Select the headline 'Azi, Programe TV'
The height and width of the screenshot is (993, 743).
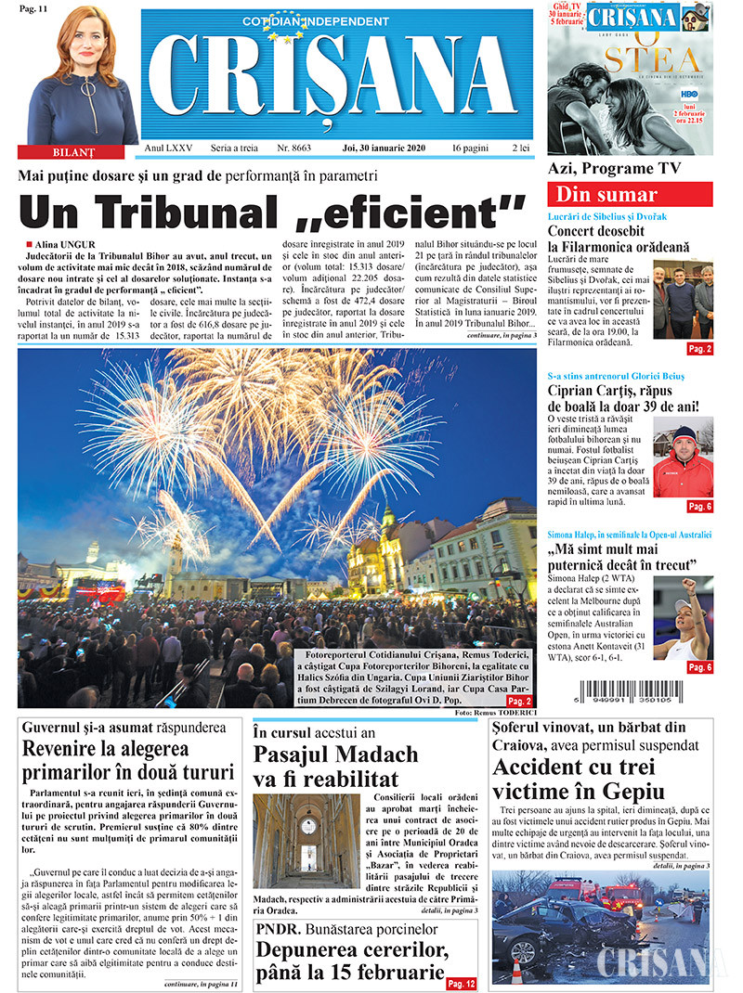tap(614, 168)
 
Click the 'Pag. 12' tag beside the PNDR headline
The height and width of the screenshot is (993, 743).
tap(461, 983)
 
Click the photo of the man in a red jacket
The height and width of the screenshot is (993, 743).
tap(683, 461)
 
